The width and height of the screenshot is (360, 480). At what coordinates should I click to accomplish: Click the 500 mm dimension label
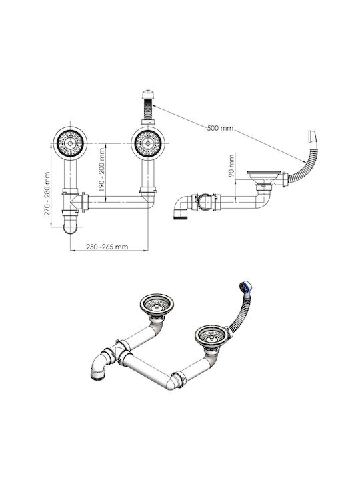(220, 128)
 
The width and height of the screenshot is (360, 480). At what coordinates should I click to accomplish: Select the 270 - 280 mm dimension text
(47, 193)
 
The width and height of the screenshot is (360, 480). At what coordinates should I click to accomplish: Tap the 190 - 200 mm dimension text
(101, 168)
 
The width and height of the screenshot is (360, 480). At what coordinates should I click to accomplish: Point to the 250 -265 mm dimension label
(107, 247)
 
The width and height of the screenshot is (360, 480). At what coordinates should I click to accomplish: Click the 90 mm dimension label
(231, 165)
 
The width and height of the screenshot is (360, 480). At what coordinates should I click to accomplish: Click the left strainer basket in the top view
(70, 143)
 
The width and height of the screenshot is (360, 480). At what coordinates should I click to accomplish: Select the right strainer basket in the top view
(148, 143)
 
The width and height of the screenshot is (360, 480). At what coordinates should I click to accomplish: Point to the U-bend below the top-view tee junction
(70, 227)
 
